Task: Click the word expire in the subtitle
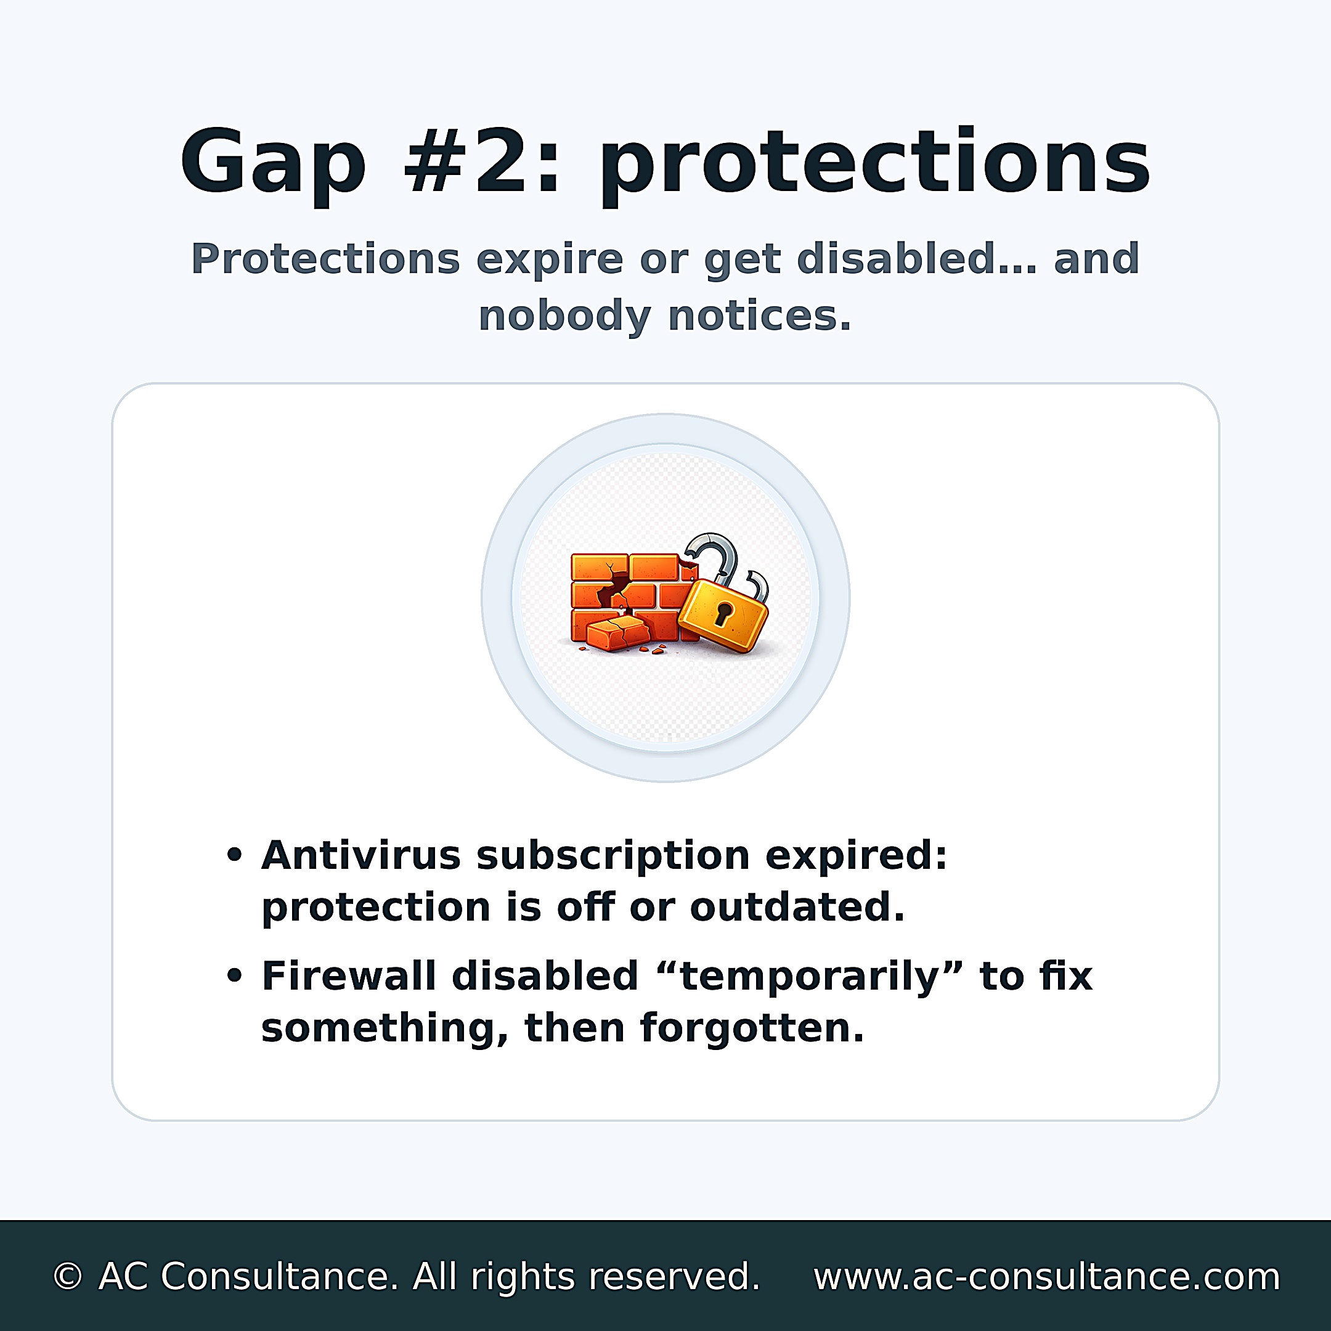(549, 261)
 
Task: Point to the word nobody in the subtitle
(564, 317)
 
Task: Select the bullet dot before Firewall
(235, 976)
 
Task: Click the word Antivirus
(360, 856)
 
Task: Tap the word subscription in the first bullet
(613, 857)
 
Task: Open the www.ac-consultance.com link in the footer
(1046, 1277)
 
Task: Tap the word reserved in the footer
(674, 1277)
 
